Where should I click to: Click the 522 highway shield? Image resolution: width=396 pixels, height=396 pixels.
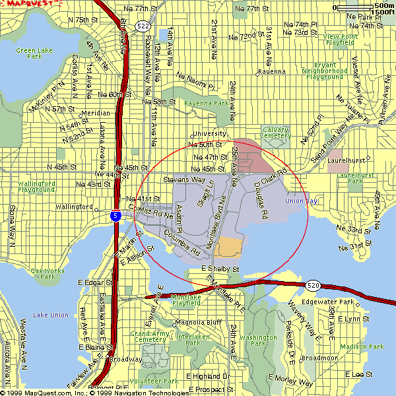[x=143, y=26]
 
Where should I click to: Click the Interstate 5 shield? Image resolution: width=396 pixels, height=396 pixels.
[x=115, y=216]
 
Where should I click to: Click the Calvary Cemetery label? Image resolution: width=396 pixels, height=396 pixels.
[x=276, y=132]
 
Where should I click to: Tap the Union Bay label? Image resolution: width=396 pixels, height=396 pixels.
[x=301, y=201]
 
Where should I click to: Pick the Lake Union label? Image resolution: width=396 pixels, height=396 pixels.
[x=51, y=315]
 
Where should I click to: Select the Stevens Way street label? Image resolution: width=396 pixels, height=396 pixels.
[x=184, y=179]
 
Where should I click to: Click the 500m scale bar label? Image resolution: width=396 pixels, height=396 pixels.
[x=384, y=6]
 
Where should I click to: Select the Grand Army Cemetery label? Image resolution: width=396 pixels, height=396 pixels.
[x=148, y=337]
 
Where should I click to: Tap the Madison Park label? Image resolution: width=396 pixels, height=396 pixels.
[x=367, y=346]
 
